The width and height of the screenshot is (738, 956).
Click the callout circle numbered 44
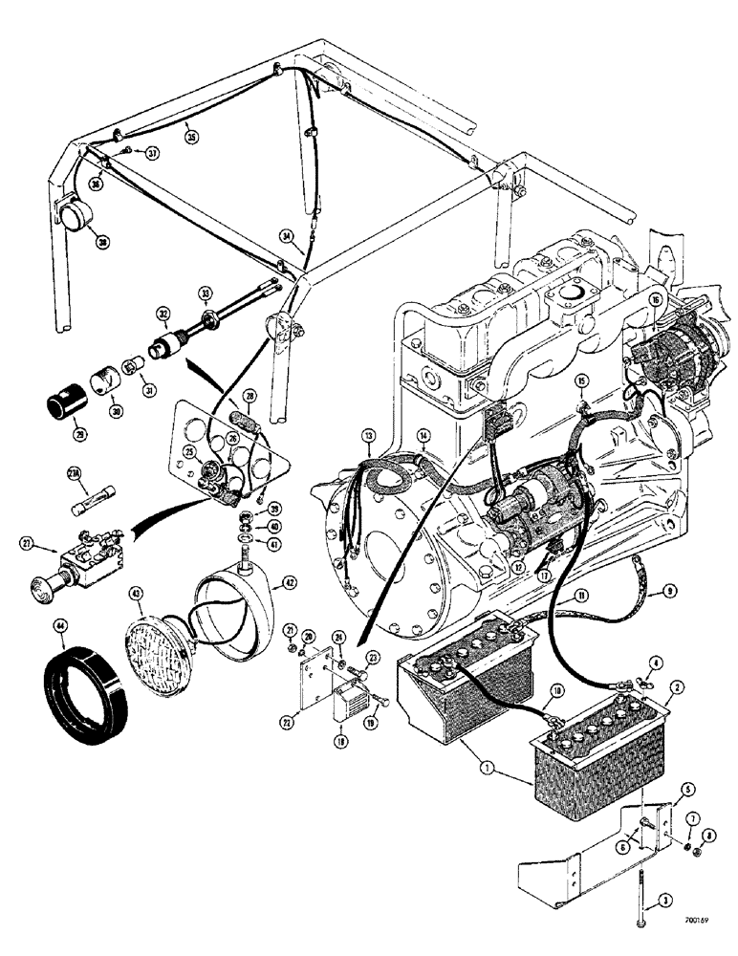(61, 627)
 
